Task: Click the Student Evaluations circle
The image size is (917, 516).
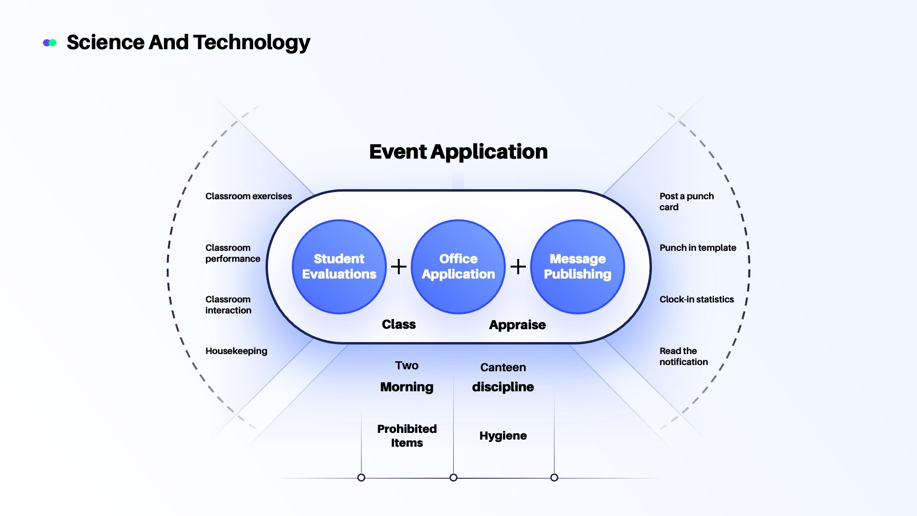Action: coord(339,267)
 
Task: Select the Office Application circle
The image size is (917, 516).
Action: coord(458,267)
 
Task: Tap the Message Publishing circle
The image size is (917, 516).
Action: coord(577,267)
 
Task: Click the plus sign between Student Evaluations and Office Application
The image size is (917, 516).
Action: coord(399,267)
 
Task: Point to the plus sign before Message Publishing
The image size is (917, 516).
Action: coord(518,267)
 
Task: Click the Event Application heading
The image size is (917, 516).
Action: coord(458,152)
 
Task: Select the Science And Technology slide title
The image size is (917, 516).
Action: coord(188,43)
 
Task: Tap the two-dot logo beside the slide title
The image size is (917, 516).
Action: coord(50,43)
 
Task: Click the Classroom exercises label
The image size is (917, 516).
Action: coord(248,196)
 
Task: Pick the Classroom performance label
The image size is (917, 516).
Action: coord(233,253)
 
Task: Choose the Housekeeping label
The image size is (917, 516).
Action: coord(236,351)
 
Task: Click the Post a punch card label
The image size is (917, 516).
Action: coord(687,202)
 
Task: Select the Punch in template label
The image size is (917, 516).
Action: coord(698,248)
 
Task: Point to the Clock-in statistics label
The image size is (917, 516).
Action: coord(697,300)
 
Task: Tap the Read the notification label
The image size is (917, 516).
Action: coord(683,356)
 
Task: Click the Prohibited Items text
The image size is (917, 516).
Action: coord(407,436)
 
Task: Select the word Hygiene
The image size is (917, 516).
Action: coord(503,436)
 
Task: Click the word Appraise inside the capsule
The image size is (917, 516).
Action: coord(517,325)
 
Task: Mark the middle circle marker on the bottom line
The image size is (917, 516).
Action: coord(454,478)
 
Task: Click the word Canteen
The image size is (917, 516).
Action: coord(503,367)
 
